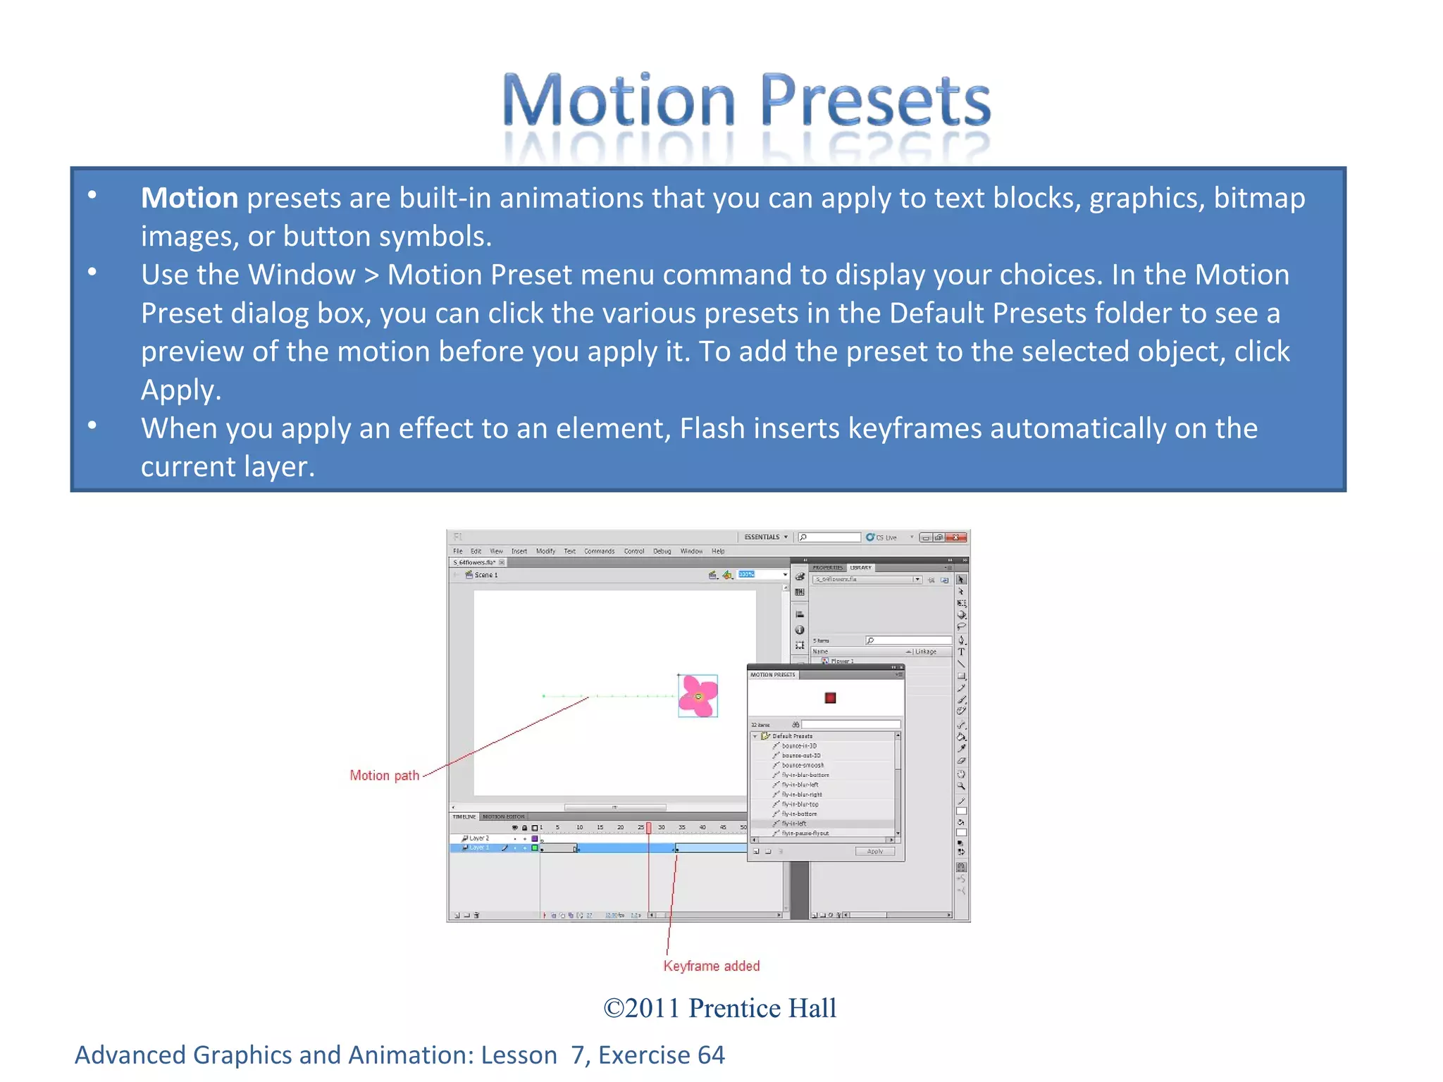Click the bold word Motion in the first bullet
(x=189, y=198)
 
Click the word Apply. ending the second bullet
(x=180, y=390)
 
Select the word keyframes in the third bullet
(x=914, y=428)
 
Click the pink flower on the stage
(x=698, y=696)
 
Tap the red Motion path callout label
(x=384, y=776)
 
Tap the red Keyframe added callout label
(x=711, y=966)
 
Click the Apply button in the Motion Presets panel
(x=874, y=852)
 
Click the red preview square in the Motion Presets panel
(x=830, y=698)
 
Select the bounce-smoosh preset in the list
(x=802, y=765)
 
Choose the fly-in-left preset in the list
(x=794, y=823)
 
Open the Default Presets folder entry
(x=791, y=736)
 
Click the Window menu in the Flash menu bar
(x=690, y=552)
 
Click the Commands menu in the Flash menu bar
(x=599, y=552)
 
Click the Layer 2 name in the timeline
(x=479, y=838)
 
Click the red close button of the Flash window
(x=956, y=537)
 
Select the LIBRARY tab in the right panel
(x=860, y=568)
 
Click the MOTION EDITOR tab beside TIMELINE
(x=504, y=817)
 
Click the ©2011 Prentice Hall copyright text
(x=719, y=1008)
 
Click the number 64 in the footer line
(x=710, y=1055)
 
